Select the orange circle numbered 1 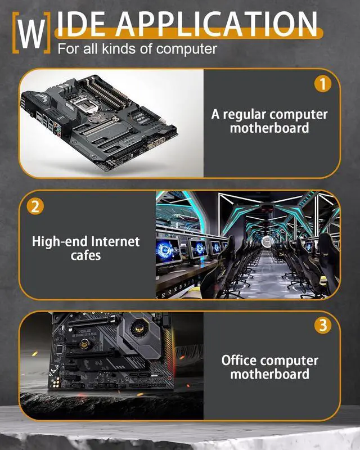[x=322, y=84]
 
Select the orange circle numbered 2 [x=35, y=206]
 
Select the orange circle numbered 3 [x=322, y=325]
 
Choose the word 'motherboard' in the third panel [x=269, y=374]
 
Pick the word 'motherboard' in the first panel [x=269, y=128]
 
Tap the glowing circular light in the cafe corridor [x=269, y=242]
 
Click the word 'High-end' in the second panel [x=57, y=242]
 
